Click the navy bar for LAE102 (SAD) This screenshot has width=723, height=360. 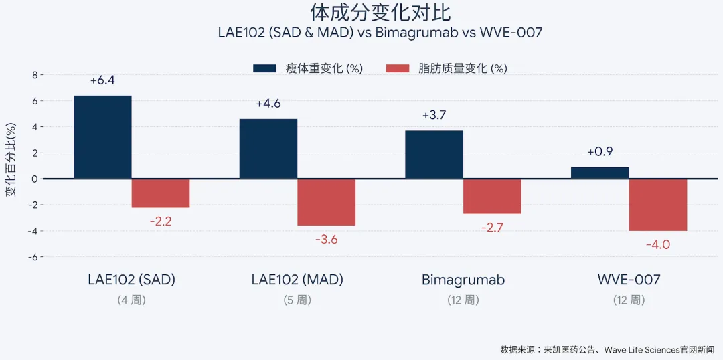click(x=102, y=137)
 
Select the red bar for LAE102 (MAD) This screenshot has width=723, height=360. click(x=327, y=202)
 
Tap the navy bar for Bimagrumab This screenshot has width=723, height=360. click(x=434, y=155)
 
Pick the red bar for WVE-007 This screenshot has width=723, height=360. click(x=658, y=205)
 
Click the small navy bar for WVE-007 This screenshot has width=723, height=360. click(x=600, y=173)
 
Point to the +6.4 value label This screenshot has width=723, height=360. click(x=102, y=80)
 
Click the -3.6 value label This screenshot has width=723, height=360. click(x=327, y=239)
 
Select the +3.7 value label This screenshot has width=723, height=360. click(x=434, y=115)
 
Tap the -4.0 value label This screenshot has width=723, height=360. click(x=658, y=245)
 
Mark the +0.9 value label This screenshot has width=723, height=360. click(x=600, y=152)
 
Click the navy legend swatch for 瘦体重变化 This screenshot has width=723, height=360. click(x=264, y=68)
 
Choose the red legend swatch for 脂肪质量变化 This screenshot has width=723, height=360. click(x=398, y=68)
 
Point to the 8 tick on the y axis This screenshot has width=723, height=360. click(x=35, y=75)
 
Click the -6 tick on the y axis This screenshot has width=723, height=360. click(x=33, y=257)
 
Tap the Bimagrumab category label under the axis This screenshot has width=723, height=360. click(x=463, y=280)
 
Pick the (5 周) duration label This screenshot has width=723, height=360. click(x=297, y=300)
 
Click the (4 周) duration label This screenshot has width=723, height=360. click(x=131, y=300)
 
